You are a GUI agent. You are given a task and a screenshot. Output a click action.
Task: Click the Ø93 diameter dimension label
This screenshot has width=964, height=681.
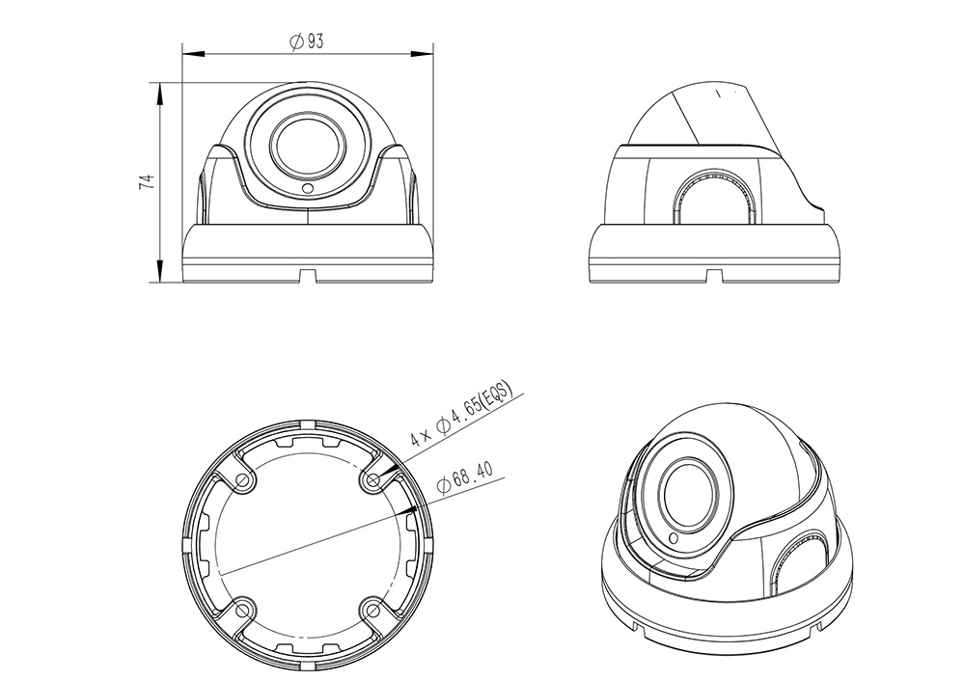307,41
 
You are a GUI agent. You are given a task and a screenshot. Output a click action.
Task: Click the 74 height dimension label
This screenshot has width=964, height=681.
147,181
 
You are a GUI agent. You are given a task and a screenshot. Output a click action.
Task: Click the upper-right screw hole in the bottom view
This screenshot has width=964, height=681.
372,480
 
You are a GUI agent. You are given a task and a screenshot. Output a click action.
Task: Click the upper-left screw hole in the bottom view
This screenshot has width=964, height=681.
245,480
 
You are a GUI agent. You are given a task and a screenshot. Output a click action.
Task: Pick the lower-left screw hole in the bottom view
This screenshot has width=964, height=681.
245,608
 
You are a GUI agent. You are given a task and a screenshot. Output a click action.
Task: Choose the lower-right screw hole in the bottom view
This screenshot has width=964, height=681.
372,608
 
